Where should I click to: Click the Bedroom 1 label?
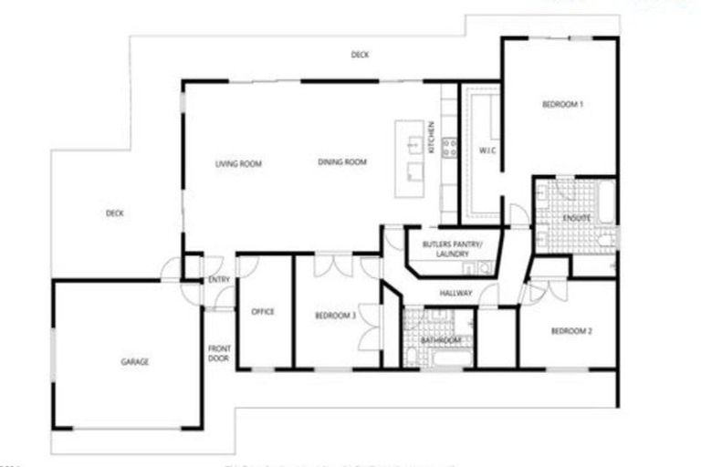(562, 105)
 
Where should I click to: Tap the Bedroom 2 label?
(571, 331)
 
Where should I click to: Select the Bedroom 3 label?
(335, 316)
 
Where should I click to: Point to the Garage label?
(134, 362)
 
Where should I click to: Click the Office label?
(263, 312)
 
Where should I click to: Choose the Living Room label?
(238, 164)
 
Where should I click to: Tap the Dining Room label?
(342, 162)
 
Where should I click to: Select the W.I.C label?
(487, 150)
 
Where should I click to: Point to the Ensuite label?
(577, 218)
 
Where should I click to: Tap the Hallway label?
(455, 293)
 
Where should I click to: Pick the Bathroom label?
(441, 340)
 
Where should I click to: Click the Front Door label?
(219, 353)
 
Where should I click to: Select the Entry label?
(219, 280)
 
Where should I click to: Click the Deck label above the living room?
(360, 56)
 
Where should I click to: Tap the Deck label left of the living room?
(114, 213)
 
